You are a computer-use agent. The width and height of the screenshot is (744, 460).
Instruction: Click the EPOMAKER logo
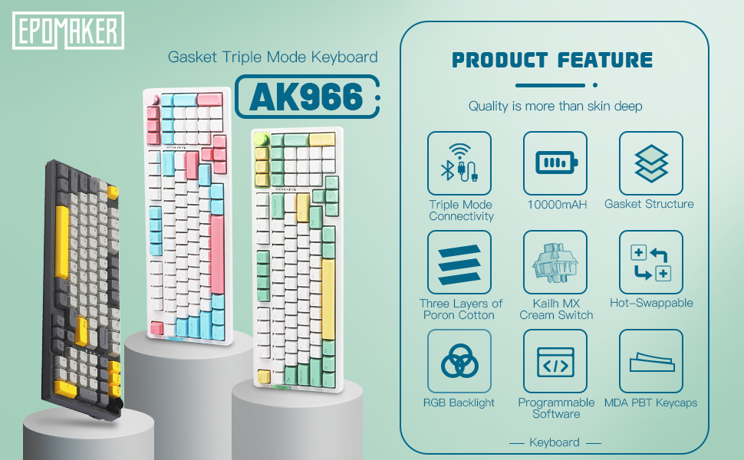[x=68, y=31]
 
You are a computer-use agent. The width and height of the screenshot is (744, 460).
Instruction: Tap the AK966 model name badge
[x=307, y=97]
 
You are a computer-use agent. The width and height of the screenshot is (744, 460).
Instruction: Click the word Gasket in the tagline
[x=193, y=58]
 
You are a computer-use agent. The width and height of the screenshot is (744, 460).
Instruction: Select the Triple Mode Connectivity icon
[x=459, y=163]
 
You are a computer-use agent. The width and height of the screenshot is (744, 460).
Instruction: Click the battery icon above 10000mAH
[x=555, y=163]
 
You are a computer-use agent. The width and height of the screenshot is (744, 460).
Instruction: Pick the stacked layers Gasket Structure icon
[x=651, y=163]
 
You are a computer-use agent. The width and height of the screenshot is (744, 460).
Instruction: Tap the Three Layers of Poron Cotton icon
[x=459, y=262]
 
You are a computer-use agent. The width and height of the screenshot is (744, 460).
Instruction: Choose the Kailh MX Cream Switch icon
[x=555, y=262]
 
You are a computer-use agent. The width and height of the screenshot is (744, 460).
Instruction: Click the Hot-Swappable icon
[x=651, y=262]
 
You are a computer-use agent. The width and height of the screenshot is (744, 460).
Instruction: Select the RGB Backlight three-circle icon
[x=459, y=361]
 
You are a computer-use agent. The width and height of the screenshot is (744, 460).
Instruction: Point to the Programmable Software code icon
[x=555, y=361]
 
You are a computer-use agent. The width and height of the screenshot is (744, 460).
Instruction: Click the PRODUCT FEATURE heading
[x=552, y=61]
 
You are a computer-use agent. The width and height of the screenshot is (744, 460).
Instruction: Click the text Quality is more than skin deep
[x=555, y=107]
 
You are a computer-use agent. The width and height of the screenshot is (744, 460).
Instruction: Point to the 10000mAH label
[x=557, y=205]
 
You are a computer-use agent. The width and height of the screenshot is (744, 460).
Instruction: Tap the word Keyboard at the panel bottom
[x=555, y=442]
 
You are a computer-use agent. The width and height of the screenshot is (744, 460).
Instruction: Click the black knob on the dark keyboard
[x=115, y=405]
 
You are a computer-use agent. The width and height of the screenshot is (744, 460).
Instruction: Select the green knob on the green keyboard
[x=261, y=139]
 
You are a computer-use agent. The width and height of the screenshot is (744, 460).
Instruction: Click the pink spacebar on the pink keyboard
[x=217, y=255]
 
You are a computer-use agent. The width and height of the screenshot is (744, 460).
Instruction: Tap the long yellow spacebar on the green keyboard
[x=328, y=299]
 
